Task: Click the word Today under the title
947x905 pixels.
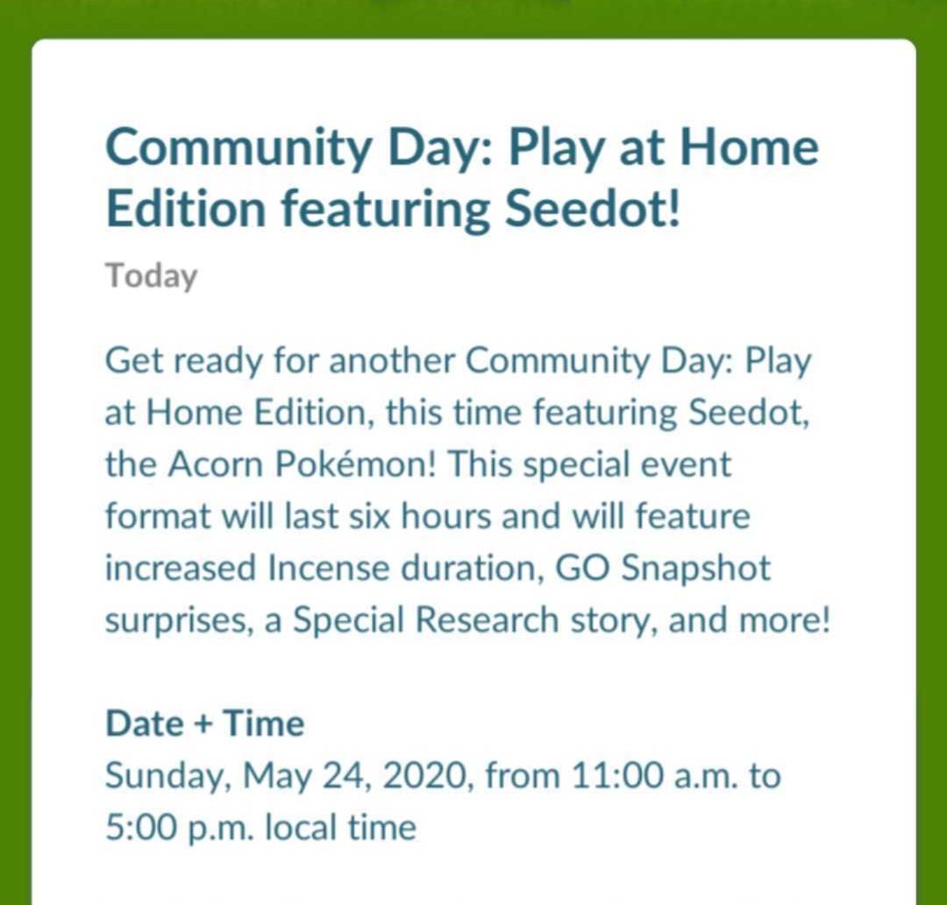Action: click(152, 277)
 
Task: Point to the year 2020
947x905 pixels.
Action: click(425, 776)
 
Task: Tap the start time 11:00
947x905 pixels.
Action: click(616, 776)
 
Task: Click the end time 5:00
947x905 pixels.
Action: click(140, 828)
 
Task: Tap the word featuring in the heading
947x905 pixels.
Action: click(386, 210)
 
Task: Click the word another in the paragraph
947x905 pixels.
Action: click(391, 360)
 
